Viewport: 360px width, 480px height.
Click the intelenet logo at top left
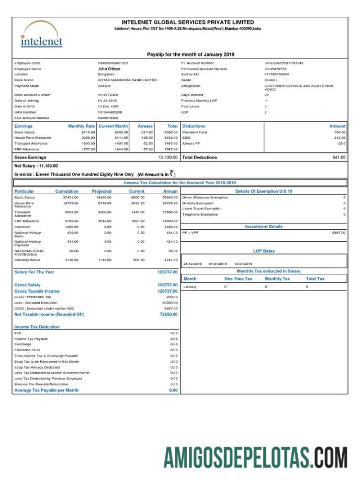tap(41, 35)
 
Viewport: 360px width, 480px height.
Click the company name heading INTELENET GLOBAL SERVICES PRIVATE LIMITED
tap(188, 22)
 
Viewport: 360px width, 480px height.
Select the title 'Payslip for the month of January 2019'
tap(190, 54)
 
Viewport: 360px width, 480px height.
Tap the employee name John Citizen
tap(109, 69)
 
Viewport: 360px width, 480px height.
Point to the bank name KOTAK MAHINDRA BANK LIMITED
tap(127, 80)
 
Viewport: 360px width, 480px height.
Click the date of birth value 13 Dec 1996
tap(108, 106)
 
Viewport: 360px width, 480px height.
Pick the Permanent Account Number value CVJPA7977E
tap(275, 69)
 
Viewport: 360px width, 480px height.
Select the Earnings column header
tap(24, 126)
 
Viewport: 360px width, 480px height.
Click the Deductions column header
tap(194, 126)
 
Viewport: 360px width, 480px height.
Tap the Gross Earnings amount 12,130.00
tap(168, 157)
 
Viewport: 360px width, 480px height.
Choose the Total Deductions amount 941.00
tap(339, 157)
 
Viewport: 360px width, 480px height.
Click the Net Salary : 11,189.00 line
tap(36, 165)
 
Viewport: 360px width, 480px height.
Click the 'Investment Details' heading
tap(264, 227)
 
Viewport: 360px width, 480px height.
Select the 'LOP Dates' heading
tap(264, 251)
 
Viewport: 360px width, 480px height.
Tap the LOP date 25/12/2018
tap(192, 264)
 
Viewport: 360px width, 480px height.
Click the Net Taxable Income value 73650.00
tap(168, 315)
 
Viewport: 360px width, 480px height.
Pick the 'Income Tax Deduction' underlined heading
tap(37, 327)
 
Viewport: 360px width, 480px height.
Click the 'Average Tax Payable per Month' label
tap(47, 390)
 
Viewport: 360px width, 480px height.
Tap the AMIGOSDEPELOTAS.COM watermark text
tap(255, 457)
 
